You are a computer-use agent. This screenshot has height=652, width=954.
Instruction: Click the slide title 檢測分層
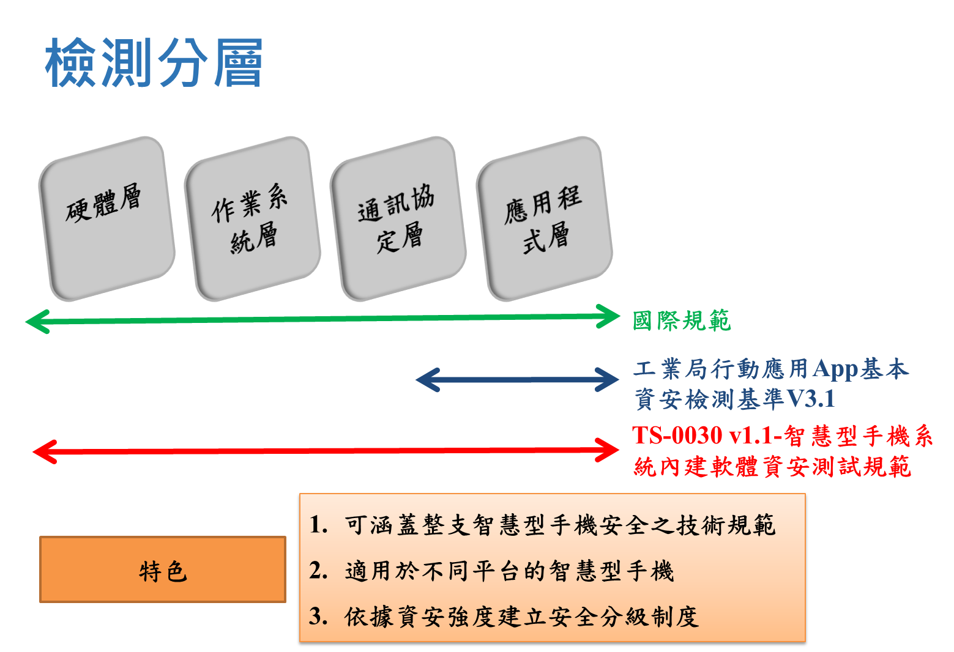[154, 62]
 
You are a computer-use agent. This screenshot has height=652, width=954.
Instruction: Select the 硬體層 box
[106, 218]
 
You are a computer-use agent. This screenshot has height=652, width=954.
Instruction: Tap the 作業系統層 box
[252, 218]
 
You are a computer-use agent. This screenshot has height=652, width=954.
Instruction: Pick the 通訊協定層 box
[398, 218]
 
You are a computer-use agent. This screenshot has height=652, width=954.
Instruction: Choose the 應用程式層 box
[544, 218]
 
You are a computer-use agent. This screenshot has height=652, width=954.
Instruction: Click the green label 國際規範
[681, 320]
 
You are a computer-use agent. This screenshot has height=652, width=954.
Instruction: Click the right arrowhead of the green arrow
[609, 316]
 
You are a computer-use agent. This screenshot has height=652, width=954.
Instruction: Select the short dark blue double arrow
[517, 380]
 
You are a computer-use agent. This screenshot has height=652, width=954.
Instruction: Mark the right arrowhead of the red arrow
[609, 450]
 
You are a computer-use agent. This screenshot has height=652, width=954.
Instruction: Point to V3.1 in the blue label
[810, 399]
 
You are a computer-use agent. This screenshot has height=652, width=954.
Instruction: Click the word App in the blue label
[835, 369]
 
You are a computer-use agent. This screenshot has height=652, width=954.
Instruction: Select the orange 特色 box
[163, 569]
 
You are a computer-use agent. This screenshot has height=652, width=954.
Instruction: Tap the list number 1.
[318, 525]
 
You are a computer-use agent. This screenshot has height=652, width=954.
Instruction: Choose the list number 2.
[318, 571]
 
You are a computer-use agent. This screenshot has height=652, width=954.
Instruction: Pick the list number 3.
[318, 617]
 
